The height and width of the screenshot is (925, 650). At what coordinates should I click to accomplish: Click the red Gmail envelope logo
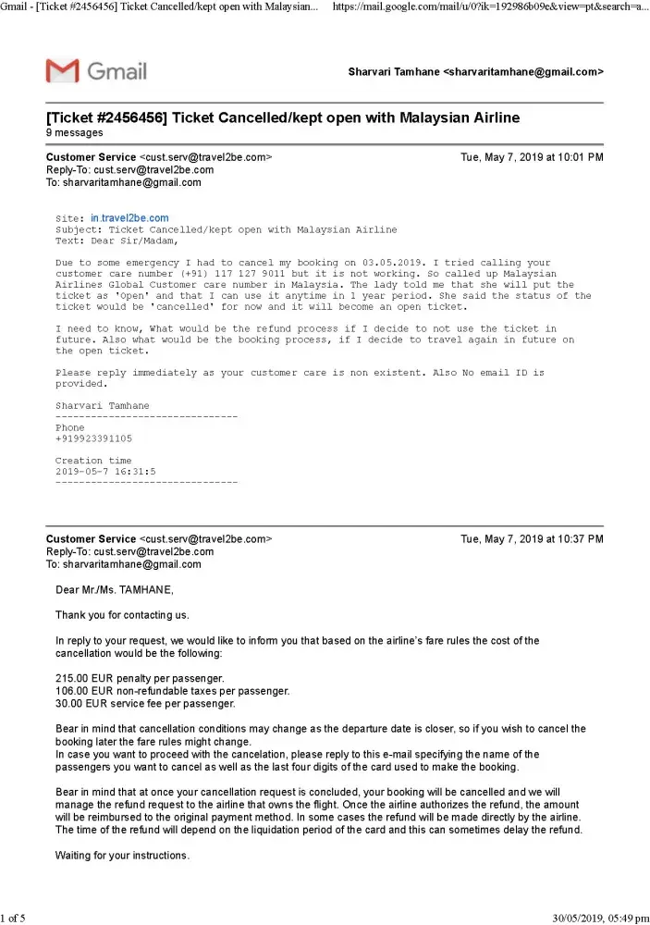[x=62, y=70]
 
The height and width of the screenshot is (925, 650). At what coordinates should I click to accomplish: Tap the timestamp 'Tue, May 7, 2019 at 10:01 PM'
[x=532, y=157]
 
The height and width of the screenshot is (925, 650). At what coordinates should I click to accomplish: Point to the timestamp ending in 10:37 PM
[x=532, y=538]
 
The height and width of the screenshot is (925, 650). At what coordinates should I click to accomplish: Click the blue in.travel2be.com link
[x=129, y=218]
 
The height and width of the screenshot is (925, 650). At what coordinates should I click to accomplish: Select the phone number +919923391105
[x=93, y=438]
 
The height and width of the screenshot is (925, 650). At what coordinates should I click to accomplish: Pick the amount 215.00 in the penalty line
[x=72, y=679]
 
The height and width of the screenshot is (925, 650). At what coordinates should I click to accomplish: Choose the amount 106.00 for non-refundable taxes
[x=72, y=691]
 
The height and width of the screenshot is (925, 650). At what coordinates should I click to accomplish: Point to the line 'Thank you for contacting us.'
[x=122, y=614]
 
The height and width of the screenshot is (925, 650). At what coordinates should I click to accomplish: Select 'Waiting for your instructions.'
[x=122, y=856]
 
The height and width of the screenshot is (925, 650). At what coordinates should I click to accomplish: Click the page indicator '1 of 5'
[x=13, y=918]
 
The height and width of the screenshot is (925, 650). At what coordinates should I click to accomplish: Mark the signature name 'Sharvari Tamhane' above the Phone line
[x=102, y=406]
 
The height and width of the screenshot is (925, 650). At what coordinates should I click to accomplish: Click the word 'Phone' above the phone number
[x=69, y=428]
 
